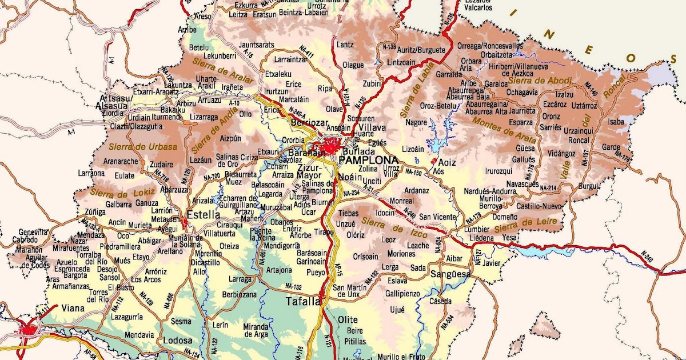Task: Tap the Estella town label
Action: [x=203, y=215]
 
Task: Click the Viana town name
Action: [x=73, y=309]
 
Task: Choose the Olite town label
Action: [x=347, y=319]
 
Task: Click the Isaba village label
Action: [x=616, y=122]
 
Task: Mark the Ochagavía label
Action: [x=522, y=92]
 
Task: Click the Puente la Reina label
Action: [x=263, y=233]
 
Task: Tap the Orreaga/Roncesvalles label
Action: [x=490, y=45]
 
